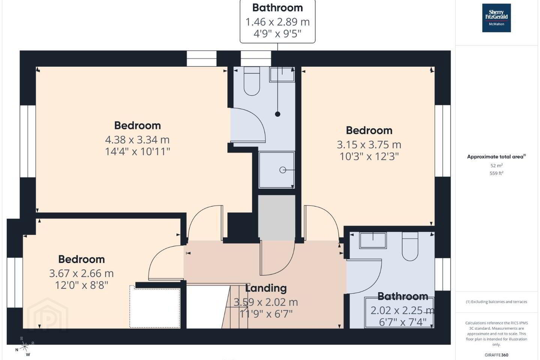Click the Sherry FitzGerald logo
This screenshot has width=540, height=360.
coord(496,18)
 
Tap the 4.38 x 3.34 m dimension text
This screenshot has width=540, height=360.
coord(137,140)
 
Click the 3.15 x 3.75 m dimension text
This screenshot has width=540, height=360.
coord(369,145)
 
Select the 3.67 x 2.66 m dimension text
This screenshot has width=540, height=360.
coord(81,273)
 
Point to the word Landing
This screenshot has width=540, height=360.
coord(266,288)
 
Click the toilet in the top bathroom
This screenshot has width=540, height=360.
coord(252,81)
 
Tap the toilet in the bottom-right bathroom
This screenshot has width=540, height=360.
coord(410,246)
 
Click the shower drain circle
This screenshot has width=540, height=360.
coord(282,170)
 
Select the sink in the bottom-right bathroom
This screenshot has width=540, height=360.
coord(373,240)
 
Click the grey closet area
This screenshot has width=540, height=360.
coord(277,217)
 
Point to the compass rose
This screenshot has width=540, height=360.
coord(25,347)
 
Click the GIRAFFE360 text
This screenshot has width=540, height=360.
coord(496,355)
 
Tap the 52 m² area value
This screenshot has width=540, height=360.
coord(496,165)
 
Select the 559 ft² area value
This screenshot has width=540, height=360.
coord(496,173)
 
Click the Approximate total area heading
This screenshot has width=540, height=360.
coord(496,156)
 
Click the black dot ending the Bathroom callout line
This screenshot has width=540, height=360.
coord(277,114)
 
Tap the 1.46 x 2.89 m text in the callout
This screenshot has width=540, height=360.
coord(277,22)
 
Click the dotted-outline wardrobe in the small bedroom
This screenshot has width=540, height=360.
coord(155,306)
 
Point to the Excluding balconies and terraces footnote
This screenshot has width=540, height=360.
coord(496,301)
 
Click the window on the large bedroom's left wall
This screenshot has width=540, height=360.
coord(28,141)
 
